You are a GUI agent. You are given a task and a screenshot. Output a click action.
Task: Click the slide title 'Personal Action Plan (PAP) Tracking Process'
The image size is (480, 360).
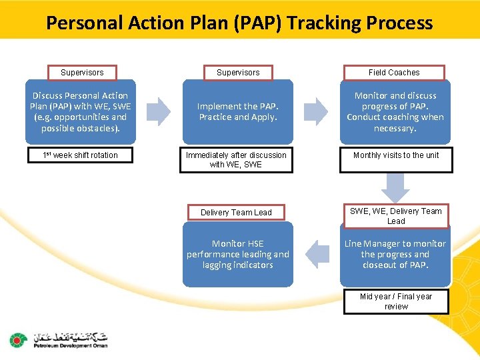pyautogui.click(x=239, y=23)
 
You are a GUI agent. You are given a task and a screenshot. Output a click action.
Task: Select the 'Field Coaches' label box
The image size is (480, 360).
pyautogui.click(x=394, y=72)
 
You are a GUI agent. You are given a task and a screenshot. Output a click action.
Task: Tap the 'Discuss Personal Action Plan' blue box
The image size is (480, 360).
pyautogui.click(x=80, y=112)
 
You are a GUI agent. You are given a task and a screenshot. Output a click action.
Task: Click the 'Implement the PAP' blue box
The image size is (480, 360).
pyautogui.click(x=238, y=112)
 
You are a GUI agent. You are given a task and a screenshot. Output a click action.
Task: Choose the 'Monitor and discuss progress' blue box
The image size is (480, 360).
pyautogui.click(x=395, y=112)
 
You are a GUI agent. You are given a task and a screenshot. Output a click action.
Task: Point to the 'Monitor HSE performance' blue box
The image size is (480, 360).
pyautogui.click(x=238, y=254)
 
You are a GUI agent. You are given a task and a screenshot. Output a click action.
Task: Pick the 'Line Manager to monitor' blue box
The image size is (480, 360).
pyautogui.click(x=395, y=254)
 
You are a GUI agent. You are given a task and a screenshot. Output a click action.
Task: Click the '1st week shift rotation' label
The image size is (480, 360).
pyautogui.click(x=80, y=155)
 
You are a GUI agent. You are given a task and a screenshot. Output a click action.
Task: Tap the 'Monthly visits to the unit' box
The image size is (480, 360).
pyautogui.click(x=395, y=155)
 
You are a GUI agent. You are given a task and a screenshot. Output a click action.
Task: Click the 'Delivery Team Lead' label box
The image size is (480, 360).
pyautogui.click(x=236, y=213)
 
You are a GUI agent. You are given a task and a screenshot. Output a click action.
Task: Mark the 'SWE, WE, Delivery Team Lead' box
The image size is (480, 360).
pyautogui.click(x=395, y=216)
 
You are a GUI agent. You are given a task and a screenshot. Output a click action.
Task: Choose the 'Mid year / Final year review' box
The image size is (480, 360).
pyautogui.click(x=395, y=301)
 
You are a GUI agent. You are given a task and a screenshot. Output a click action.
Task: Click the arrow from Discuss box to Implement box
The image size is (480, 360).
pyautogui.click(x=159, y=112)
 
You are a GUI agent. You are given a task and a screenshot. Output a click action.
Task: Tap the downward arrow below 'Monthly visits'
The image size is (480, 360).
pyautogui.click(x=395, y=187)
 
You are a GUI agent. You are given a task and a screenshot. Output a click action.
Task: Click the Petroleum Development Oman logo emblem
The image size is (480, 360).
pyautogui.click(x=17, y=341)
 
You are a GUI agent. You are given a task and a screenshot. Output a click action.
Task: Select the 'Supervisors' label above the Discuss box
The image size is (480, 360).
pyautogui.click(x=82, y=72)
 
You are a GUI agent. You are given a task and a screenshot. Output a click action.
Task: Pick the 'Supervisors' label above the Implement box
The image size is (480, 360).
pyautogui.click(x=238, y=72)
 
